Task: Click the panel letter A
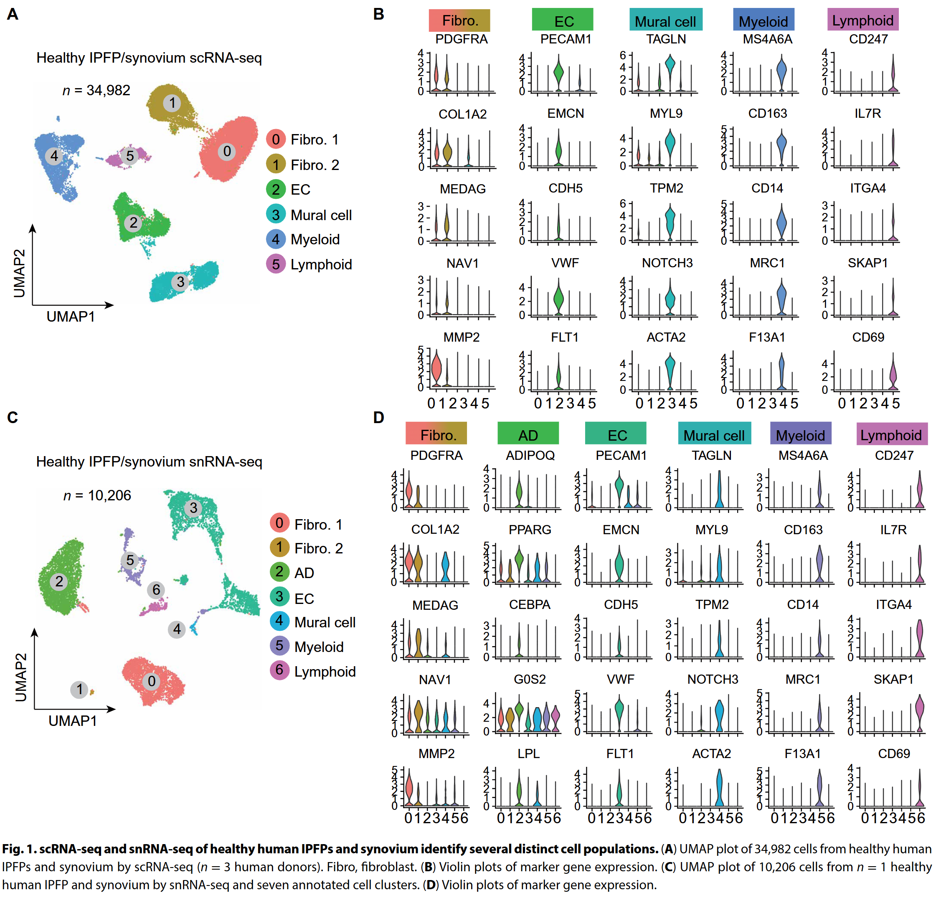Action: click(x=13, y=14)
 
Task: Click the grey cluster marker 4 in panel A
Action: click(x=54, y=156)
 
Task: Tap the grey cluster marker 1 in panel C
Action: click(x=79, y=689)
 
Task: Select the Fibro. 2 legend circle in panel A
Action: click(x=276, y=164)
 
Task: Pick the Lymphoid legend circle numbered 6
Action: click(x=279, y=670)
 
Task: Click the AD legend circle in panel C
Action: click(x=279, y=572)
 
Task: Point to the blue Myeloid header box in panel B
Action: click(x=763, y=20)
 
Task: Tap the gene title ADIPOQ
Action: click(x=530, y=455)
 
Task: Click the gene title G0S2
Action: click(x=530, y=679)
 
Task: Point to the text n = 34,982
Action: click(x=96, y=90)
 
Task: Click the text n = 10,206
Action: click(x=97, y=495)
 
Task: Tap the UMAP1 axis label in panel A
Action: click(x=71, y=316)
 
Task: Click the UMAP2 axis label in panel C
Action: click(x=20, y=677)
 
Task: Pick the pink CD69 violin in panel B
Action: click(x=893, y=373)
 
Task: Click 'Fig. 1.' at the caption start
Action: click(x=19, y=849)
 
